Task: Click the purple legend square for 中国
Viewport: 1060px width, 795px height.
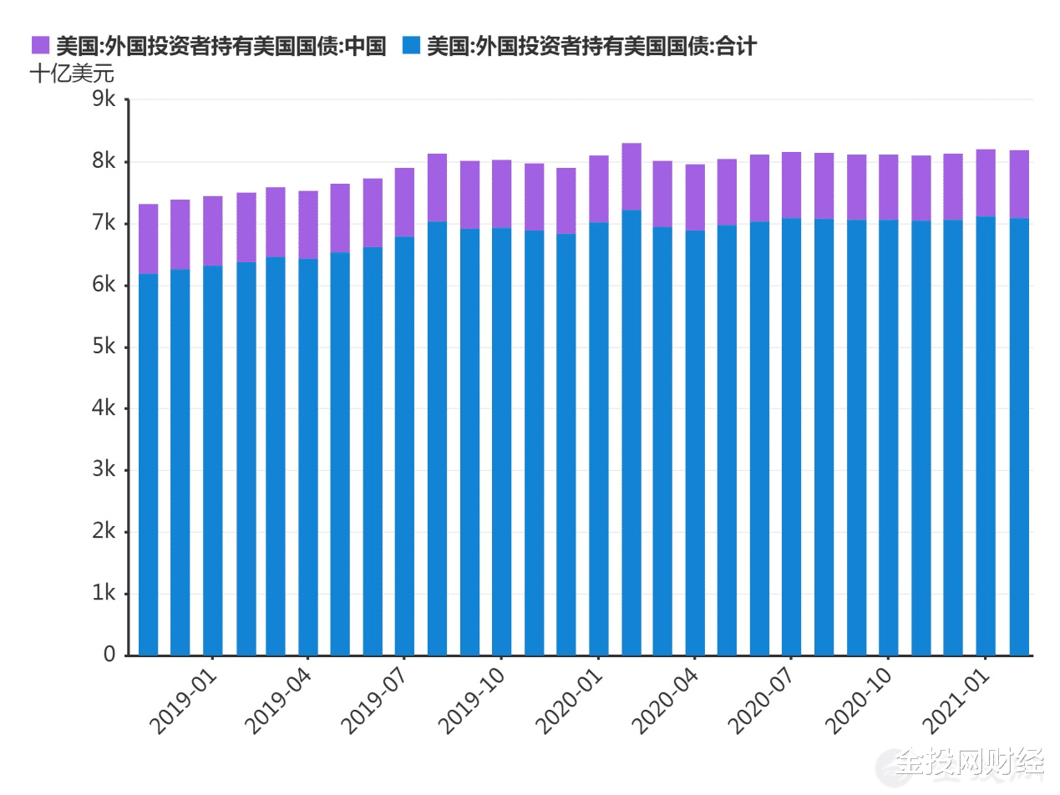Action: [41, 46]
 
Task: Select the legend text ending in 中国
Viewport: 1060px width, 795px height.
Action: [221, 46]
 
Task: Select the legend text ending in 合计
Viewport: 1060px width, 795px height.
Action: [591, 46]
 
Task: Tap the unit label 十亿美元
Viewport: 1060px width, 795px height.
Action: [71, 73]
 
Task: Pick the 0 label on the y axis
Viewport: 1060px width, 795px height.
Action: [109, 655]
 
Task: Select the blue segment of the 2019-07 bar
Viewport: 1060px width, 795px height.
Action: [405, 443]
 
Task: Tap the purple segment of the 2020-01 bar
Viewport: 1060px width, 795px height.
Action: [598, 189]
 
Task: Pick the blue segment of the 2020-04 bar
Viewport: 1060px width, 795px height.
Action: [695, 443]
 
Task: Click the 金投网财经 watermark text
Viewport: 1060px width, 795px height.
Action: [969, 762]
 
